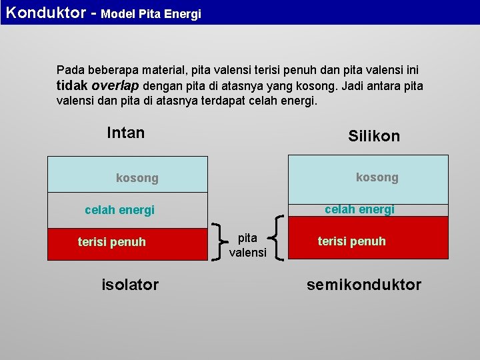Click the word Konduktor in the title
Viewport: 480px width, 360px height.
pos(47,13)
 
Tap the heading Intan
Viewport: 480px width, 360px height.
pos(125,133)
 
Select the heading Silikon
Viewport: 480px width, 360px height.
pos(374,136)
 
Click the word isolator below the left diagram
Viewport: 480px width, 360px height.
pos(130,285)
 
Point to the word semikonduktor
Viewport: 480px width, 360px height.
pos(364,285)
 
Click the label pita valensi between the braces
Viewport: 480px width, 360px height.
pos(248,245)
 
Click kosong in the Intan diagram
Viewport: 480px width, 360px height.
pos(137,178)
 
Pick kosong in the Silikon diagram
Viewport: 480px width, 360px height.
pos(377,177)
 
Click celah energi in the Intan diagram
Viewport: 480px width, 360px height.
pos(119,211)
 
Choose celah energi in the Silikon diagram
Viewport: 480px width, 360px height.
pos(359,209)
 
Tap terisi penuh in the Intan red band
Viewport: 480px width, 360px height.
pos(112,242)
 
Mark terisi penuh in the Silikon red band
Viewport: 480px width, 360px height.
pos(352,241)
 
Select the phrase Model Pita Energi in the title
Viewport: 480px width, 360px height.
pos(151,14)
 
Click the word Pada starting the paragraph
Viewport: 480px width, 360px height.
pos(70,70)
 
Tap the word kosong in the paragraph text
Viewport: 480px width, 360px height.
pos(318,87)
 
